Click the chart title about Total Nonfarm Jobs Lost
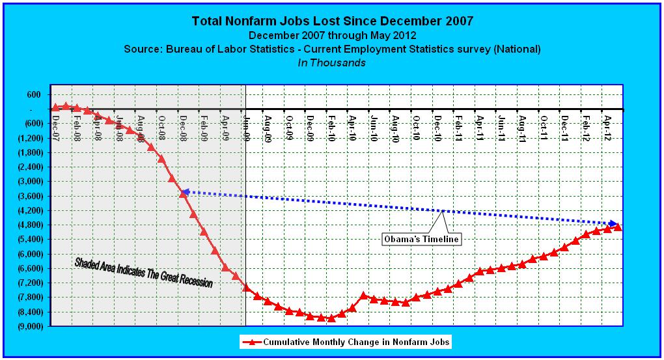[332, 21]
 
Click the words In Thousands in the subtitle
[332, 63]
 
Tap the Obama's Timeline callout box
[421, 239]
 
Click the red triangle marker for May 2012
[618, 227]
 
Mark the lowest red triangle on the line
[331, 318]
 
